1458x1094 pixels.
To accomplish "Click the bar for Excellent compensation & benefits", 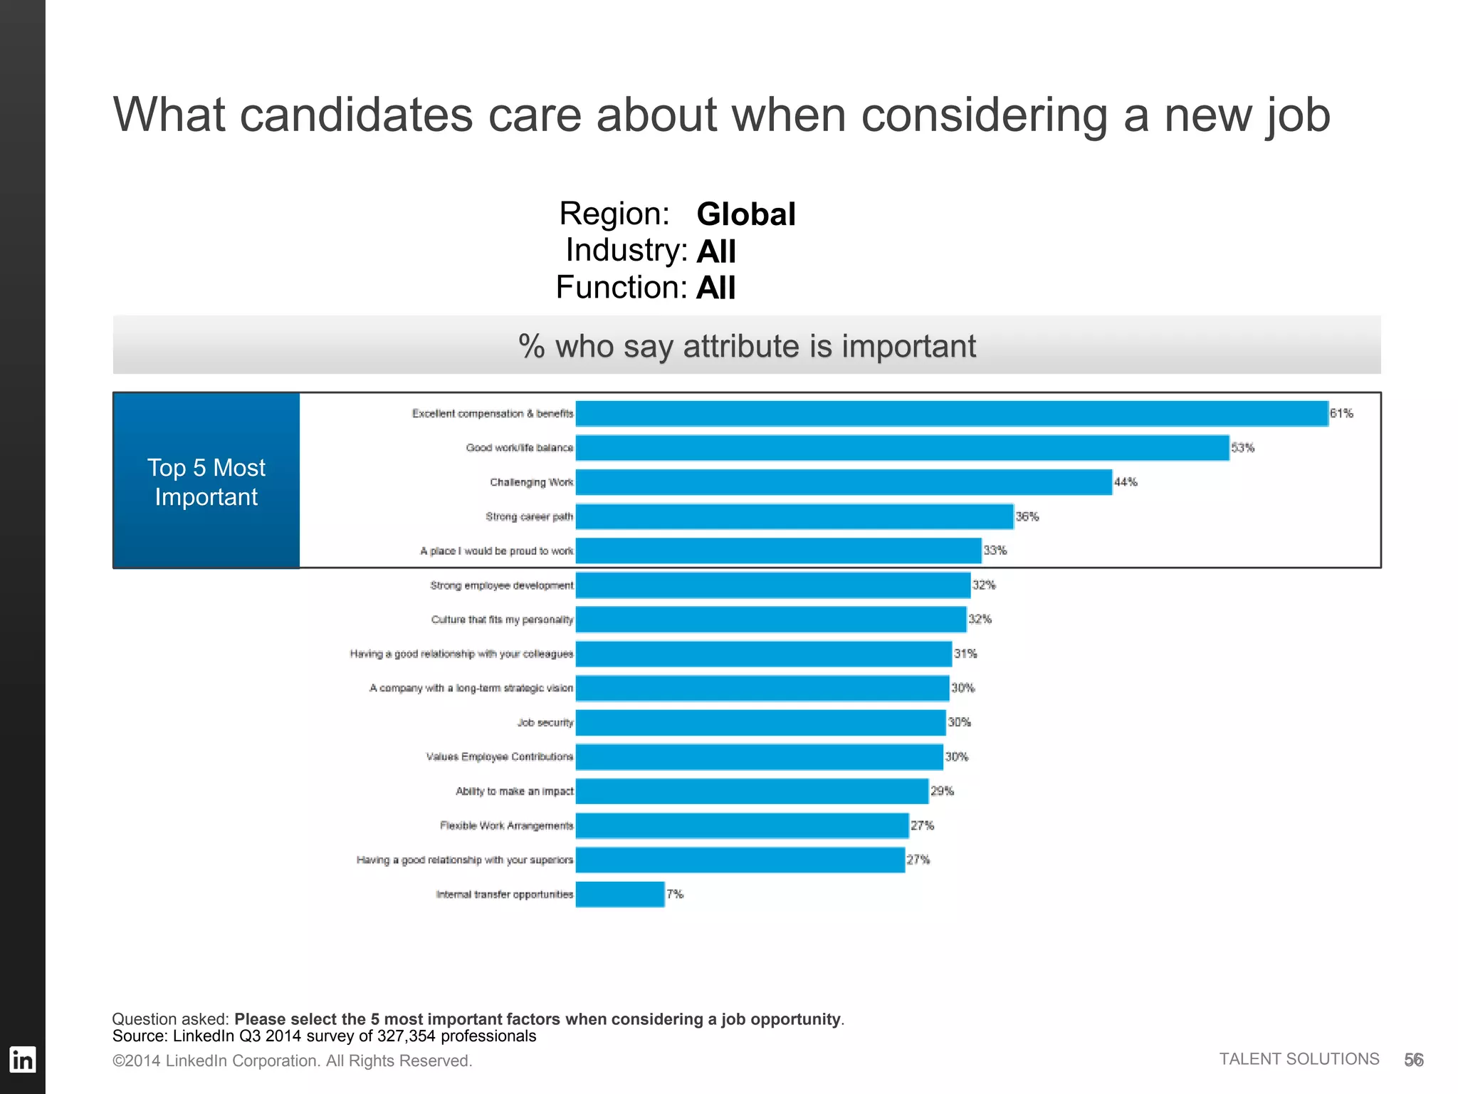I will (952, 414).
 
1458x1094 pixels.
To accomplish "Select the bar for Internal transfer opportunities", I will (620, 895).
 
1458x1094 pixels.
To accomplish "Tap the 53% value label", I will (1243, 448).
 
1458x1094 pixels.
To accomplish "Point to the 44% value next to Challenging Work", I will (1126, 482).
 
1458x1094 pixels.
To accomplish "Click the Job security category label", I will (545, 723).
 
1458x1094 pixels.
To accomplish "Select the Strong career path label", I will (529, 516).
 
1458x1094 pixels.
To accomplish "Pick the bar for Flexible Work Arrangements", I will (742, 826).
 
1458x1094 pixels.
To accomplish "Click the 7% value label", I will (675, 895).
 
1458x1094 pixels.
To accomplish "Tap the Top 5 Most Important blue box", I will (206, 481).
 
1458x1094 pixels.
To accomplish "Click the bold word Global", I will (745, 214).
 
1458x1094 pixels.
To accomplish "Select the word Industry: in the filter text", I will (626, 251).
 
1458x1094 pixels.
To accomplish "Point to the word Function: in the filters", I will (621, 288).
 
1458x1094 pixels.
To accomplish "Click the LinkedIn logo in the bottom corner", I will (22, 1060).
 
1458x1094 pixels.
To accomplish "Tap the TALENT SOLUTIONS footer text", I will (1299, 1059).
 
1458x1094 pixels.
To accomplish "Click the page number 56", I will (1413, 1060).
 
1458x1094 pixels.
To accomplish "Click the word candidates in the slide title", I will (356, 115).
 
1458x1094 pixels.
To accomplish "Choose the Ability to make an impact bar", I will (752, 791).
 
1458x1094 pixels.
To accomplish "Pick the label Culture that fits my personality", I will (502, 620).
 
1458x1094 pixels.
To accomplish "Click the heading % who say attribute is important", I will (747, 346).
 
